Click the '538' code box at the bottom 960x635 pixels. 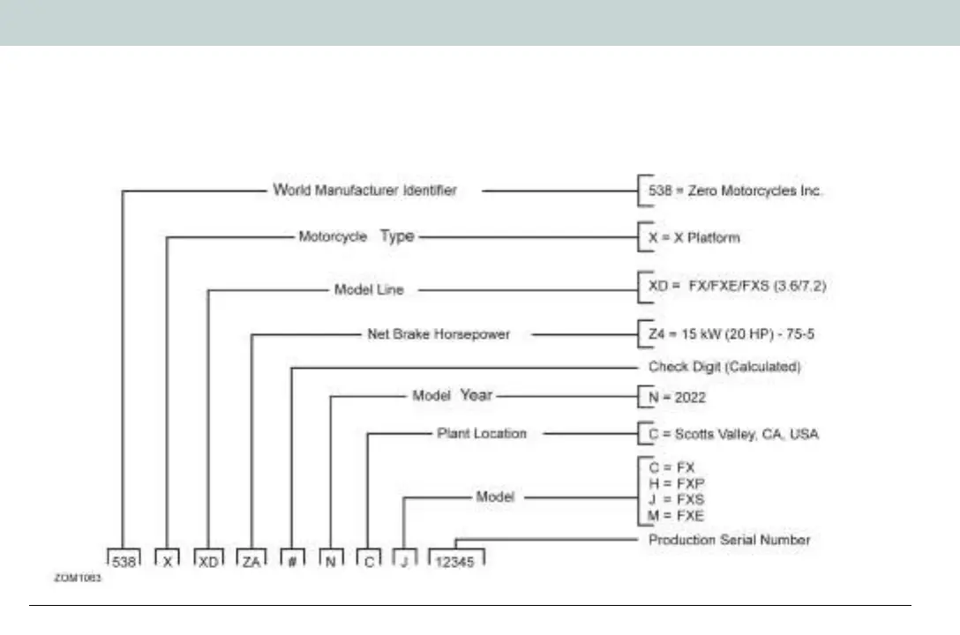click(x=124, y=559)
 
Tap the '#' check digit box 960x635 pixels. click(x=292, y=559)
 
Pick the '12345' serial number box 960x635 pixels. click(x=456, y=559)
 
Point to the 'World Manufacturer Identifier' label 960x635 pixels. click(x=364, y=190)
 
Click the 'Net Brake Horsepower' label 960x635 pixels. click(x=438, y=335)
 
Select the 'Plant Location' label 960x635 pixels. click(x=481, y=433)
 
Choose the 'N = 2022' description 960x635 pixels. click(x=677, y=398)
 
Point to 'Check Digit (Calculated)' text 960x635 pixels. click(x=724, y=367)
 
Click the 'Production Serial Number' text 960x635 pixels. click(x=729, y=539)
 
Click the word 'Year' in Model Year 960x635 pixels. click(x=476, y=396)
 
